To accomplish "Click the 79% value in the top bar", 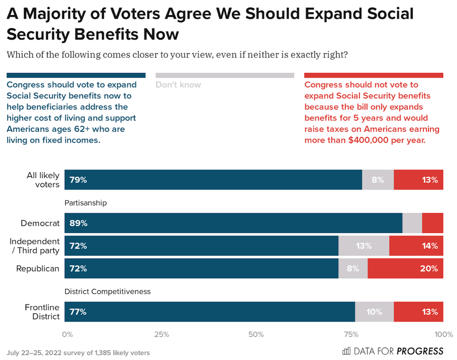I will click(78, 180).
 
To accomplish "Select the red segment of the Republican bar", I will click(405, 269).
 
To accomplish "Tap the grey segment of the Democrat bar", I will click(412, 223).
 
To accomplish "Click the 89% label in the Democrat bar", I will click(78, 223).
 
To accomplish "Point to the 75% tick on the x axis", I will click(351, 334).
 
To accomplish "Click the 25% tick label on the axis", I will click(161, 334).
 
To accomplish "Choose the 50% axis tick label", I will click(256, 334).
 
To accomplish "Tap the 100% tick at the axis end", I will click(443, 334).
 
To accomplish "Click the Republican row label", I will click(38, 269).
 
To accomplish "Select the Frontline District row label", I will click(42, 312).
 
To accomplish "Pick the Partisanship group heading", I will click(85, 203).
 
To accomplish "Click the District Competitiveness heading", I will click(108, 291).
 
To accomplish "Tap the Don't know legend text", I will click(178, 85).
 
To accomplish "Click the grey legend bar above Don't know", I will click(225, 75).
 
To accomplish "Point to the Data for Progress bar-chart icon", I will click(346, 351).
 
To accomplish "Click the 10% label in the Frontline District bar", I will click(374, 312).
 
